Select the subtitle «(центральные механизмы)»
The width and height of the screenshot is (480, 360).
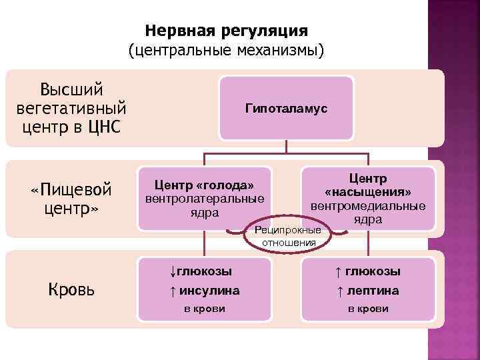226,50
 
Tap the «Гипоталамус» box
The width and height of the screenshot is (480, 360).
286,108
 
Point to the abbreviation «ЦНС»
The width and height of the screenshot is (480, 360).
105,126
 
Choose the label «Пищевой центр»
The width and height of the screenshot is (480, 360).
71,199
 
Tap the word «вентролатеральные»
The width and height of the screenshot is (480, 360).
205,198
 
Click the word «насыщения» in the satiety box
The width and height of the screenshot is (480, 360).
368,192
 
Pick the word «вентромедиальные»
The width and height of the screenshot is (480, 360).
367,205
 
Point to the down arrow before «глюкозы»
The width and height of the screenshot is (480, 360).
172,271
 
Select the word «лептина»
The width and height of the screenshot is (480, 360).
373,291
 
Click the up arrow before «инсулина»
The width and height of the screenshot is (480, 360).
173,291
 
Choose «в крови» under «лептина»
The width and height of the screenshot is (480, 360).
367,309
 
